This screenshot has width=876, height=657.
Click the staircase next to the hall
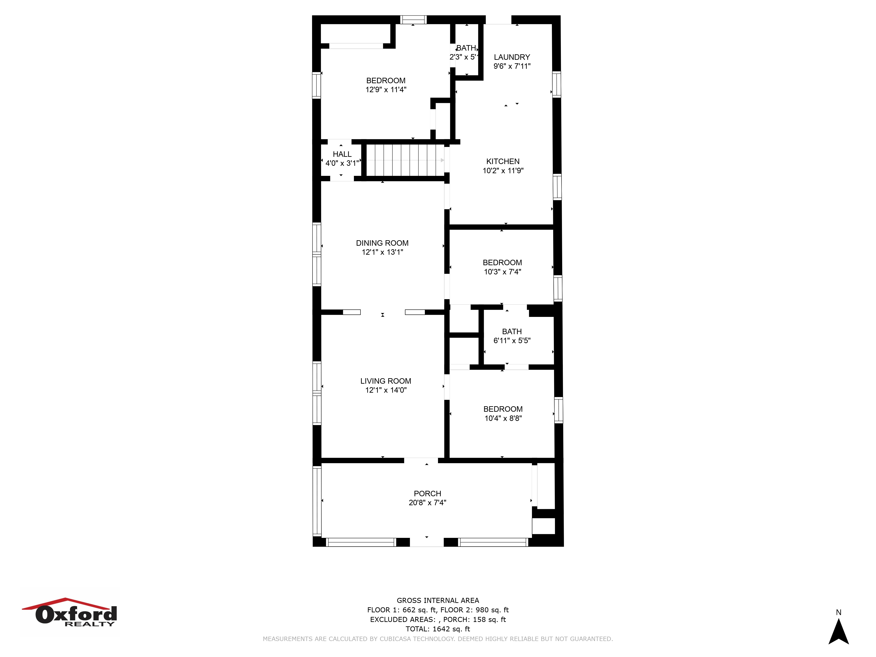click(x=405, y=160)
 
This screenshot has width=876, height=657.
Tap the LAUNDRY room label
click(x=512, y=57)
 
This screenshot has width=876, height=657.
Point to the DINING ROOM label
click(x=382, y=243)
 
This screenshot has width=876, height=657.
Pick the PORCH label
click(x=427, y=493)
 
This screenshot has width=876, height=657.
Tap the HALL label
click(x=342, y=154)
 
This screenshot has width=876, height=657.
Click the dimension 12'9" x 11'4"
click(x=386, y=90)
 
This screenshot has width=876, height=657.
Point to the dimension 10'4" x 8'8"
click(x=503, y=418)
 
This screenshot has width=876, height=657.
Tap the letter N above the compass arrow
click(x=838, y=612)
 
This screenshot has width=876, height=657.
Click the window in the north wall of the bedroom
click(x=413, y=19)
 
